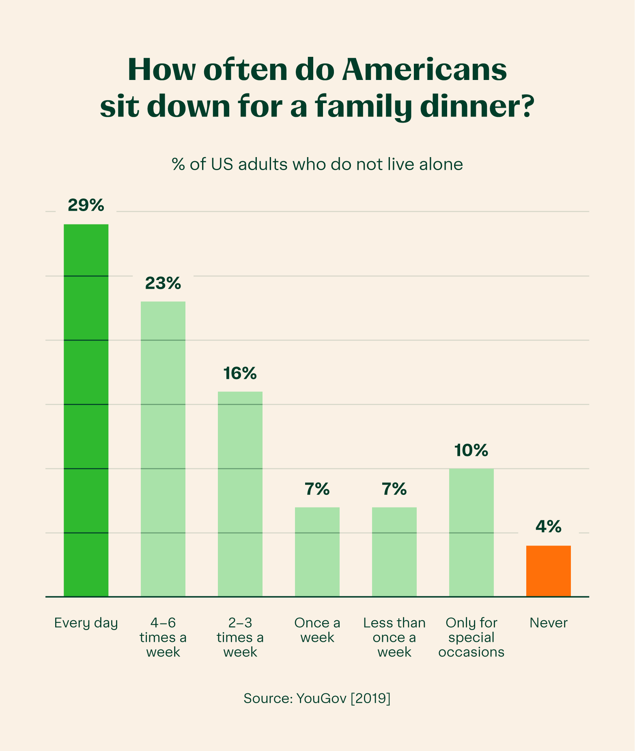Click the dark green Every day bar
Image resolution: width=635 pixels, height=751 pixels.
click(x=86, y=410)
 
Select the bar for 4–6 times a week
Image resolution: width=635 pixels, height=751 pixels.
click(x=163, y=449)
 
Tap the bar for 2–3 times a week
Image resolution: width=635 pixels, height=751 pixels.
click(x=240, y=494)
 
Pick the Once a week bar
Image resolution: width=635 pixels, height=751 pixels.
click(x=317, y=552)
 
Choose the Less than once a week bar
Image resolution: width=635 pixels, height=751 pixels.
click(x=394, y=552)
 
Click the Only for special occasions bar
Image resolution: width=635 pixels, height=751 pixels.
click(x=471, y=532)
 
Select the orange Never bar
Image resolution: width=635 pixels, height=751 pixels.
click(x=549, y=571)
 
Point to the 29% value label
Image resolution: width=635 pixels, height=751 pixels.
click(x=86, y=205)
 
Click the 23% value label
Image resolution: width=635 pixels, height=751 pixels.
click(x=163, y=283)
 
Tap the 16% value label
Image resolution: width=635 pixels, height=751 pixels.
click(x=240, y=373)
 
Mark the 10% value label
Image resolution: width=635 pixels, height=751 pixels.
click(x=471, y=450)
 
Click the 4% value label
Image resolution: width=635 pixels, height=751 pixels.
click(x=549, y=527)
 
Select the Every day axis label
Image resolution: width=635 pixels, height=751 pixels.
click(x=86, y=623)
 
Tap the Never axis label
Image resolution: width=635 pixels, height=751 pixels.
click(x=549, y=623)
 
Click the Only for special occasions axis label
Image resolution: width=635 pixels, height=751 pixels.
click(x=471, y=637)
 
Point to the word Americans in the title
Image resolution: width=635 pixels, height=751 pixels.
click(x=424, y=70)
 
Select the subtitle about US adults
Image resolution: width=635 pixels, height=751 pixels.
click(x=317, y=164)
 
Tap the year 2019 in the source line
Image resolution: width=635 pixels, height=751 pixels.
click(x=370, y=698)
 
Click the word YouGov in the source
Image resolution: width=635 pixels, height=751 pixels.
click(x=321, y=698)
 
